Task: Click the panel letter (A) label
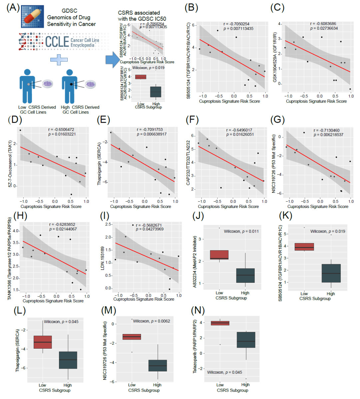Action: coord(13,7)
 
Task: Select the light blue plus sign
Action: coord(59,60)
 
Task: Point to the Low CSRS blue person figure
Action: coord(27,86)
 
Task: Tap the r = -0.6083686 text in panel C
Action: coord(323,24)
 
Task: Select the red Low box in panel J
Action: coord(219,255)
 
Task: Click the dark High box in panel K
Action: coord(331,273)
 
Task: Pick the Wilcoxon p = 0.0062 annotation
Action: coord(151,321)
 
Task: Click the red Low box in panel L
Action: coord(43,342)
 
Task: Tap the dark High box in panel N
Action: coord(246,340)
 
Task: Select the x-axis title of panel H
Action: coord(53,301)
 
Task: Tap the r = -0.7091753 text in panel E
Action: coord(150,129)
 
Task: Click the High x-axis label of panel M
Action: coord(157,385)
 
